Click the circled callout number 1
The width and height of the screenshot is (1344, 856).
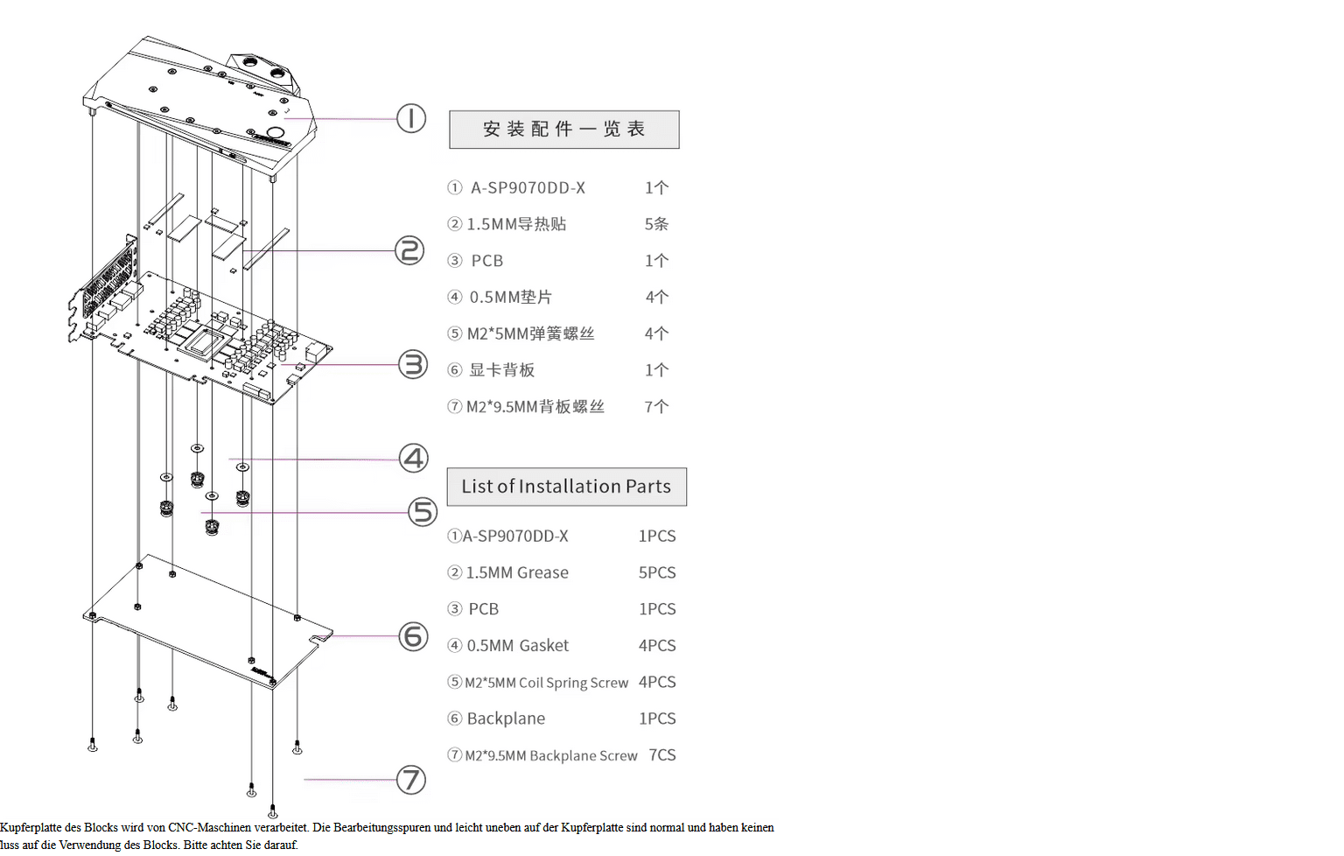[411, 118]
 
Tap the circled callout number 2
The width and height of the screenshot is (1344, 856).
[409, 250]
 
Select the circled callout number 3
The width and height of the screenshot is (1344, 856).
[413, 364]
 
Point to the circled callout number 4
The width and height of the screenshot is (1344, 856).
[413, 458]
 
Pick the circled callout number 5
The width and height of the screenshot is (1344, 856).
[423, 512]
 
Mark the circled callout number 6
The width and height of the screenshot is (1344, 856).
[413, 636]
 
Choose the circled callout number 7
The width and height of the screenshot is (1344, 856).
[411, 779]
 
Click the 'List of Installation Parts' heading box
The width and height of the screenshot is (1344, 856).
[566, 487]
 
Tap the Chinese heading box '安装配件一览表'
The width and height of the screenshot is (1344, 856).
[564, 130]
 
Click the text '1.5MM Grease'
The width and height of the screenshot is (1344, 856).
[517, 572]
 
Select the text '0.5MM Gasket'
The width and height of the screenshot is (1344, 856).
[517, 646]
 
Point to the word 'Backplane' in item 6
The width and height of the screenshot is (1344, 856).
[506, 719]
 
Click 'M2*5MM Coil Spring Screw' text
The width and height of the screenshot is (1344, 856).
[546, 683]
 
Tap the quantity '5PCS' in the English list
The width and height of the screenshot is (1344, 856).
[657, 572]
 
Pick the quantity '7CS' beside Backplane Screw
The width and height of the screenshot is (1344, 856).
[662, 754]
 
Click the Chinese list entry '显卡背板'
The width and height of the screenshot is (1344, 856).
[501, 370]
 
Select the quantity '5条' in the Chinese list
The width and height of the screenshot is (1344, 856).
[656, 224]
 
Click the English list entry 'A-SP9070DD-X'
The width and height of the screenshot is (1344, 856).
[515, 536]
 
